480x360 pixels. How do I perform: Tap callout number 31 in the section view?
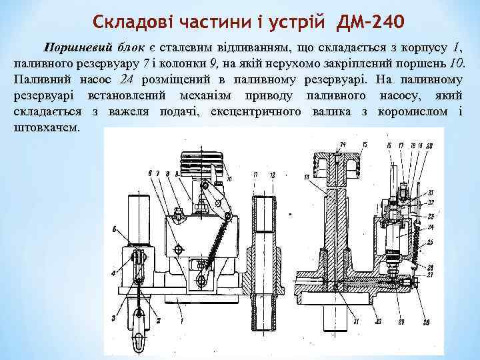click(x=357, y=322)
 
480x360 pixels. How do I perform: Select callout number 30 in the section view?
click(x=378, y=322)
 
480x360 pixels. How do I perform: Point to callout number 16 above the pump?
click(x=388, y=145)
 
